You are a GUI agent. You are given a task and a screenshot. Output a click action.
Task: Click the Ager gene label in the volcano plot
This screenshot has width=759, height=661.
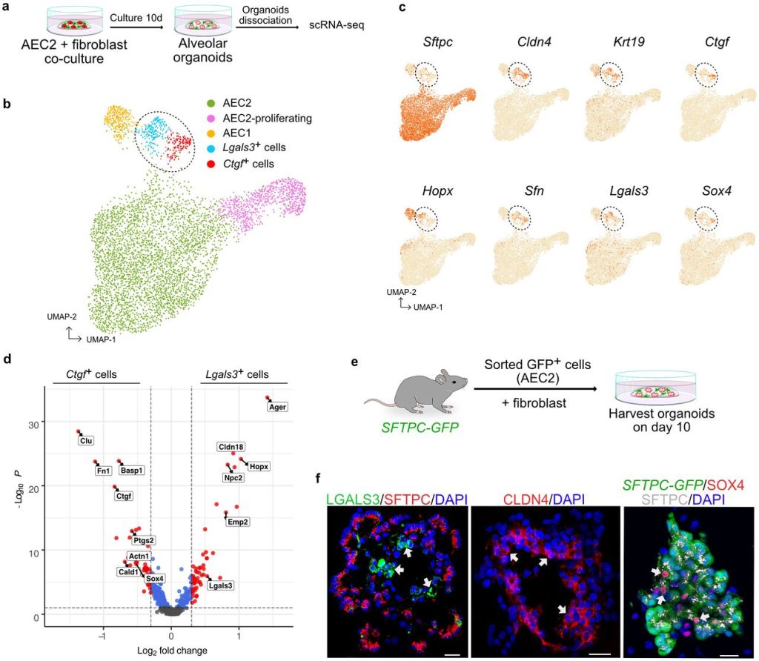pyautogui.click(x=277, y=406)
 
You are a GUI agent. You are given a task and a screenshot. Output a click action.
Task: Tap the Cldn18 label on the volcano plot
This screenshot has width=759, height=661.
pyautogui.click(x=231, y=447)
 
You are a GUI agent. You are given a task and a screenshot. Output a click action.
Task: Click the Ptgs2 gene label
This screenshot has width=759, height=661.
pyautogui.click(x=144, y=540)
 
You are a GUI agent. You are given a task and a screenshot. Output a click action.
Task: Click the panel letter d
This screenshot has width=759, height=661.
pyautogui.click(x=7, y=359)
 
